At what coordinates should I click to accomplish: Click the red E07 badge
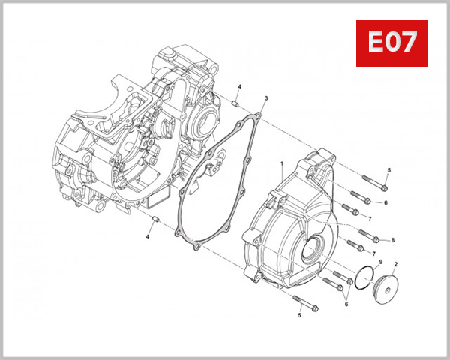pos(391,43)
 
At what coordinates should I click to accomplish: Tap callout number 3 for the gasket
pos(266,98)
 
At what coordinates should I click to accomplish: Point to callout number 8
pos(392,240)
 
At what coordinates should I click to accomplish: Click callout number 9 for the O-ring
pos(380,262)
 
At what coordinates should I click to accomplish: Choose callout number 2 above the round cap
pos(395,265)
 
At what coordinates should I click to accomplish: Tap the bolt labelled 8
pos(373,239)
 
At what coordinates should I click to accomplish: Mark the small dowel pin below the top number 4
pos(235,103)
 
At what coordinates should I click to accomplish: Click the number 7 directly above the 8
pos(370,217)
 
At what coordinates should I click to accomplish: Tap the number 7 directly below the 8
pos(373,254)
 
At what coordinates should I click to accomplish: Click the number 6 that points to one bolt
pos(385,202)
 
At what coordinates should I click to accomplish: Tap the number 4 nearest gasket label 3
pos(239,88)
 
